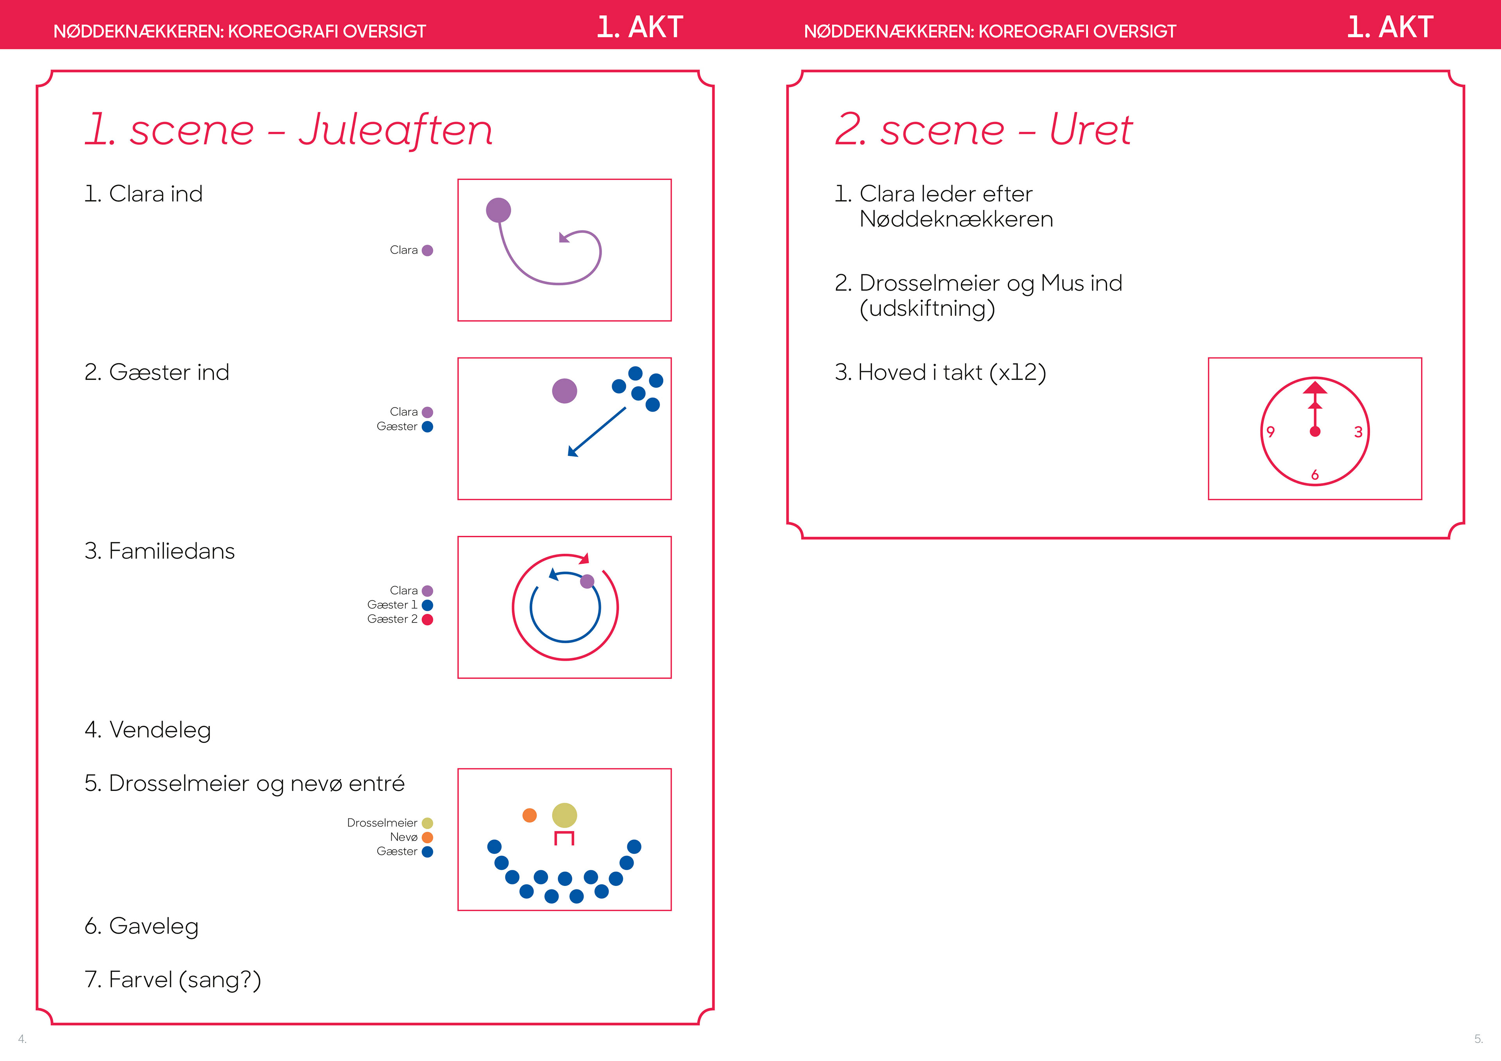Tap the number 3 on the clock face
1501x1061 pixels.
point(1358,432)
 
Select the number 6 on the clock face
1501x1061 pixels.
point(1315,474)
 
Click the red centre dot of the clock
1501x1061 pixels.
point(1315,431)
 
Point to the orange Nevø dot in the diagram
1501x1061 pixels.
point(530,815)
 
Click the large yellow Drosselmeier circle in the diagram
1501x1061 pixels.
point(564,815)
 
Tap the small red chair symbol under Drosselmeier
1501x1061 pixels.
point(564,838)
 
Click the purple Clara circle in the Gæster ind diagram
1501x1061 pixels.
point(564,391)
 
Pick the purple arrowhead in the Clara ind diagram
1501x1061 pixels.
point(564,238)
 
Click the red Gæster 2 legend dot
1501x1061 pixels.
point(428,620)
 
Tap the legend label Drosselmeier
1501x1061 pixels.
point(382,823)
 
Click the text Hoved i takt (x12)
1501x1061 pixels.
point(940,373)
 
